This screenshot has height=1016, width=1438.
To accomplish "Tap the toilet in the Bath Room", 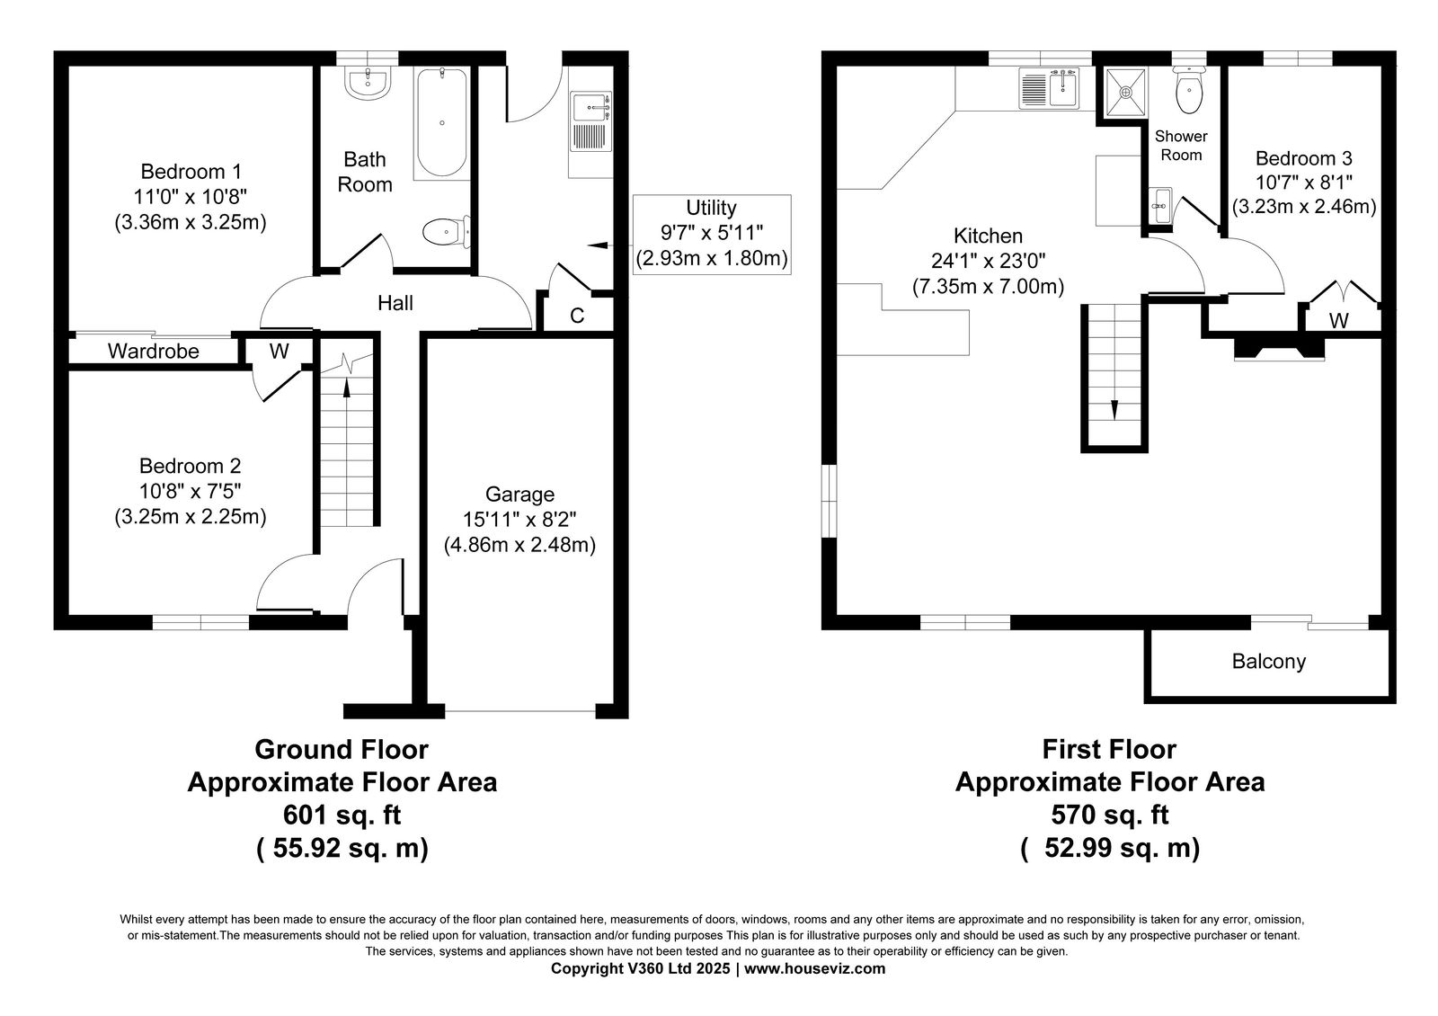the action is pyautogui.click(x=447, y=231).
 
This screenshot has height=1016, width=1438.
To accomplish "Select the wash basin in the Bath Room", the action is pyautogui.click(x=368, y=84).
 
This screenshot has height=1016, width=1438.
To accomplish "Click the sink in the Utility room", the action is pyautogui.click(x=590, y=121).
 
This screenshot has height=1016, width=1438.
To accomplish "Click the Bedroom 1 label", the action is pyautogui.click(x=191, y=172).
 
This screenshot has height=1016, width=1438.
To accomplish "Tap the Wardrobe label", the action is pyautogui.click(x=154, y=351).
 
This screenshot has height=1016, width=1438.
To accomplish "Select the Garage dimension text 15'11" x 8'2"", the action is pyautogui.click(x=519, y=519).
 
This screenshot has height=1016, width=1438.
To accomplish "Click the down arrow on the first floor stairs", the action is pyautogui.click(x=1114, y=410).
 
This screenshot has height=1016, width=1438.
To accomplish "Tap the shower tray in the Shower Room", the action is pyautogui.click(x=1125, y=93).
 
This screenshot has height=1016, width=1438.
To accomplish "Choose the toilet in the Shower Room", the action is pyautogui.click(x=1189, y=92).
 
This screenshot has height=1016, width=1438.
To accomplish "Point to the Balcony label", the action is pyautogui.click(x=1268, y=662).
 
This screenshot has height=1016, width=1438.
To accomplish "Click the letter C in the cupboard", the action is pyautogui.click(x=577, y=316).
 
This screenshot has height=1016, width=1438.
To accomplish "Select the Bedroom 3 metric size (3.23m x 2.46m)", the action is pyautogui.click(x=1304, y=207).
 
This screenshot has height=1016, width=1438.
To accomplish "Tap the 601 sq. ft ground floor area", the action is pyautogui.click(x=342, y=815).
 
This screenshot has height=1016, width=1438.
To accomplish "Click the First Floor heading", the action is pyautogui.click(x=1109, y=749).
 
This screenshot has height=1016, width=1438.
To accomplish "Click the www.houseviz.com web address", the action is pyautogui.click(x=814, y=968).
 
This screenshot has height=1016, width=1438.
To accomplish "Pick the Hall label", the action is pyautogui.click(x=395, y=303).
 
